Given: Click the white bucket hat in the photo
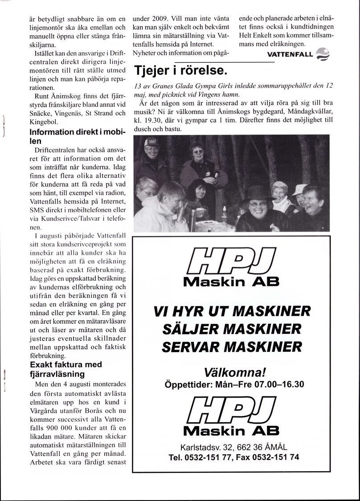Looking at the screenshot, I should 299,189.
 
